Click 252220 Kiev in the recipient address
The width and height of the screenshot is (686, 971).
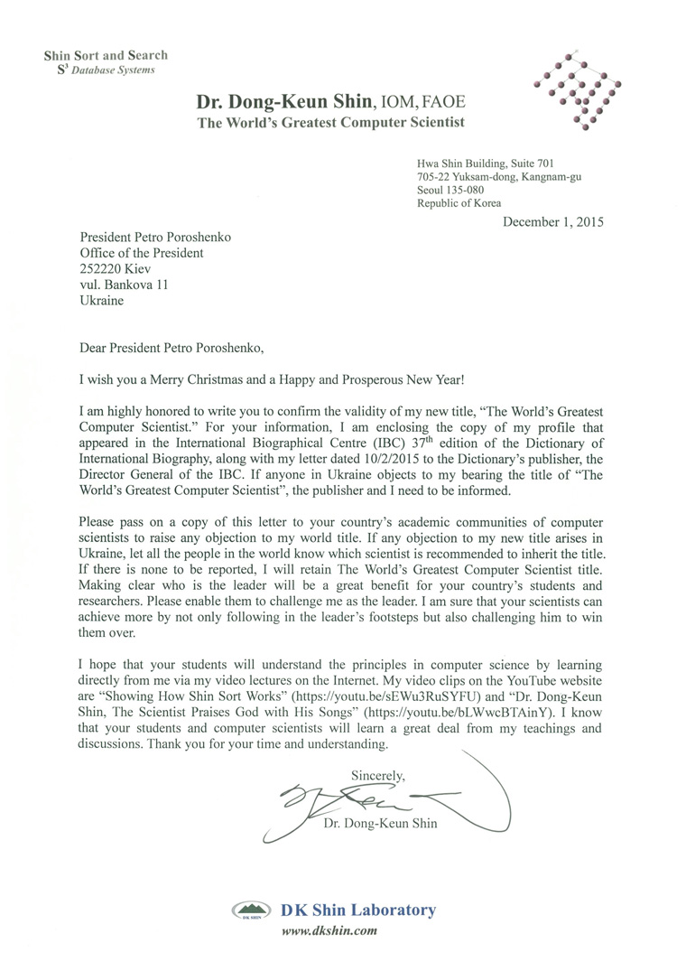click(x=116, y=268)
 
